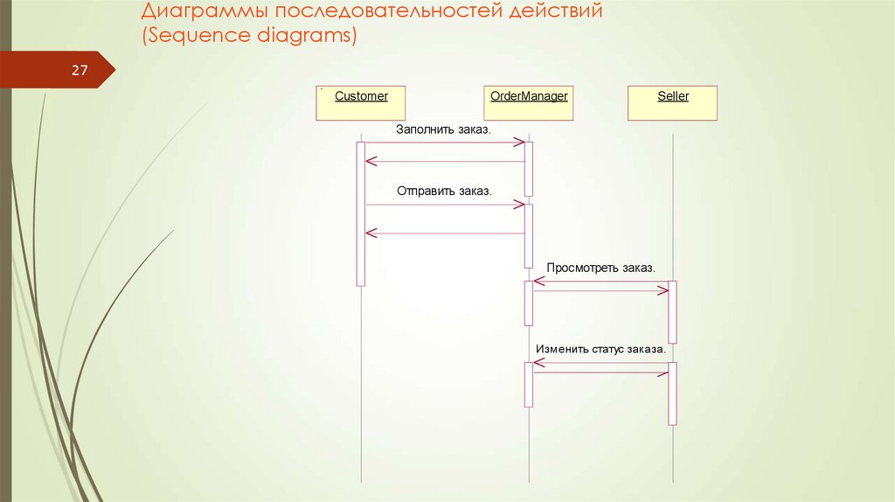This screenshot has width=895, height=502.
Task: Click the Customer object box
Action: click(360, 103)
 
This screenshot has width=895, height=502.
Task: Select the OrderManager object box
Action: click(529, 103)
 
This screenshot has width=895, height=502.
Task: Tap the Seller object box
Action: click(673, 103)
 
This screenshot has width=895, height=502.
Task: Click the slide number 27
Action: click(80, 71)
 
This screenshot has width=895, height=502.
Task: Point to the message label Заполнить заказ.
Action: click(443, 129)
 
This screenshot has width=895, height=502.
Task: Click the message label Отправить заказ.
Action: click(444, 191)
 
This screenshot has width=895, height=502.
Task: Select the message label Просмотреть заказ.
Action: click(600, 267)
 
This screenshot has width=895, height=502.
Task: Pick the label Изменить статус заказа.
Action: click(600, 348)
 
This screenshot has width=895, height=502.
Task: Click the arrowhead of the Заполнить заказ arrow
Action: click(520, 143)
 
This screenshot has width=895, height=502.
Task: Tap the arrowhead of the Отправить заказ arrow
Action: click(520, 205)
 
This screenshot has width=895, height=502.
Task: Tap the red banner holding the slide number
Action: click(52, 71)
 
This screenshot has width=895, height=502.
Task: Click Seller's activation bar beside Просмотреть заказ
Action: click(672, 311)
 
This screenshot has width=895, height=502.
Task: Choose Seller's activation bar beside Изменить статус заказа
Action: click(672, 394)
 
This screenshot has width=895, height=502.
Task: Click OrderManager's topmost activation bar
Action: click(529, 168)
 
